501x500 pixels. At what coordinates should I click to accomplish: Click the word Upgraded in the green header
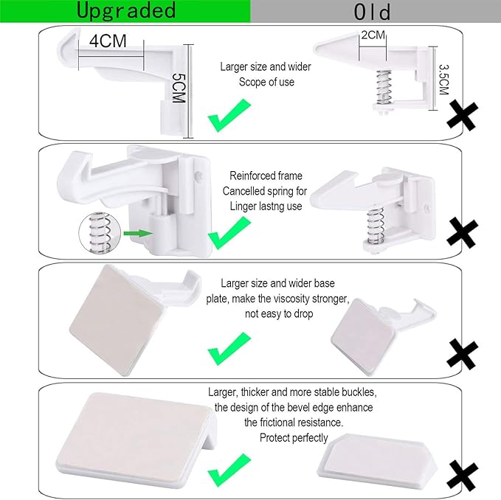[x=125, y=10]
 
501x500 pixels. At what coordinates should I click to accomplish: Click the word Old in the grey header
[x=372, y=12]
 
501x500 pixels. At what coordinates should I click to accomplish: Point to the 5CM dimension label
[x=177, y=88]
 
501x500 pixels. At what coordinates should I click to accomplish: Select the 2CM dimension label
[x=373, y=35]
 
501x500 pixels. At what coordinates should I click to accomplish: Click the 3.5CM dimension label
[x=442, y=77]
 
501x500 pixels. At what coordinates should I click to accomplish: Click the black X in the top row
[x=463, y=116]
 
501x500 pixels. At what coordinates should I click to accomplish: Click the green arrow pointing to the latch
[x=137, y=233]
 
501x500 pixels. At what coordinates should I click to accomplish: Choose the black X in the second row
[x=463, y=233]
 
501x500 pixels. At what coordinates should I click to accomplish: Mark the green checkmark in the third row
[x=228, y=350]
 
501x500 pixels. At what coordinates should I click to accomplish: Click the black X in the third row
[x=463, y=353]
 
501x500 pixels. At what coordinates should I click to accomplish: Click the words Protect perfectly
[x=294, y=438]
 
